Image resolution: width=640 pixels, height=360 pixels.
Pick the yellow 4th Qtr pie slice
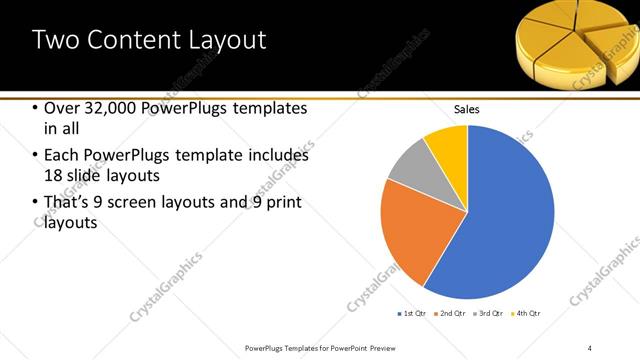(447, 146)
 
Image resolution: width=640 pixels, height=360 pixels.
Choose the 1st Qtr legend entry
(412, 314)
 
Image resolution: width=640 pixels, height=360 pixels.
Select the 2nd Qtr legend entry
(450, 314)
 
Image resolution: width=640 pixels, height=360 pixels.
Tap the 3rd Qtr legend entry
(489, 314)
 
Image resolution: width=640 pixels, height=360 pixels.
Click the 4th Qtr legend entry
(527, 314)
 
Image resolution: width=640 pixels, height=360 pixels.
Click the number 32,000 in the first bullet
(104, 108)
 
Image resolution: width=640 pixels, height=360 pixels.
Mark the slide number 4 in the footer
(589, 347)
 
